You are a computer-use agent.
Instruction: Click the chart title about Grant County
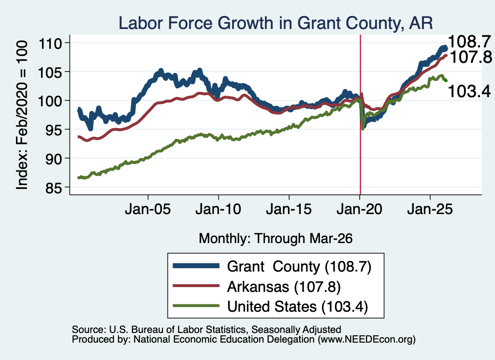(276, 23)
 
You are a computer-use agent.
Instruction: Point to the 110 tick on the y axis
(50, 43)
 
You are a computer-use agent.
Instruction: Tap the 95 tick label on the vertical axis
(53, 130)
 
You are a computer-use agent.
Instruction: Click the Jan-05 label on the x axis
(148, 209)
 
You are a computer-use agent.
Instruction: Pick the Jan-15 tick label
(289, 209)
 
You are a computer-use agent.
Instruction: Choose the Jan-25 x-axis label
(430, 209)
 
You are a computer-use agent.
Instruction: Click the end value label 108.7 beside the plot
(469, 42)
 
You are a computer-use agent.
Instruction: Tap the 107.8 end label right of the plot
(471, 57)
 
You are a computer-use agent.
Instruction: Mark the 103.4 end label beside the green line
(469, 91)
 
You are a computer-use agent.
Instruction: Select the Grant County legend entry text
(299, 267)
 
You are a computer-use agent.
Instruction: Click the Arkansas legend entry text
(284, 287)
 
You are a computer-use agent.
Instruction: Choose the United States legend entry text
(297, 307)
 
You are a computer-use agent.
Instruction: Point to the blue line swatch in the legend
(196, 266)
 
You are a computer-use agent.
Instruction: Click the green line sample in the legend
(196, 305)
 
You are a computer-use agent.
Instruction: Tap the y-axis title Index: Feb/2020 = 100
(22, 115)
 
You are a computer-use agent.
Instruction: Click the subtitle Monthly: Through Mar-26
(276, 239)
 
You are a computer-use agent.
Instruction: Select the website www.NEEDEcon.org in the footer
(366, 340)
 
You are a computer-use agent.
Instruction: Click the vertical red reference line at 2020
(360, 115)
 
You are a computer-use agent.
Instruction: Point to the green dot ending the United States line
(446, 81)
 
